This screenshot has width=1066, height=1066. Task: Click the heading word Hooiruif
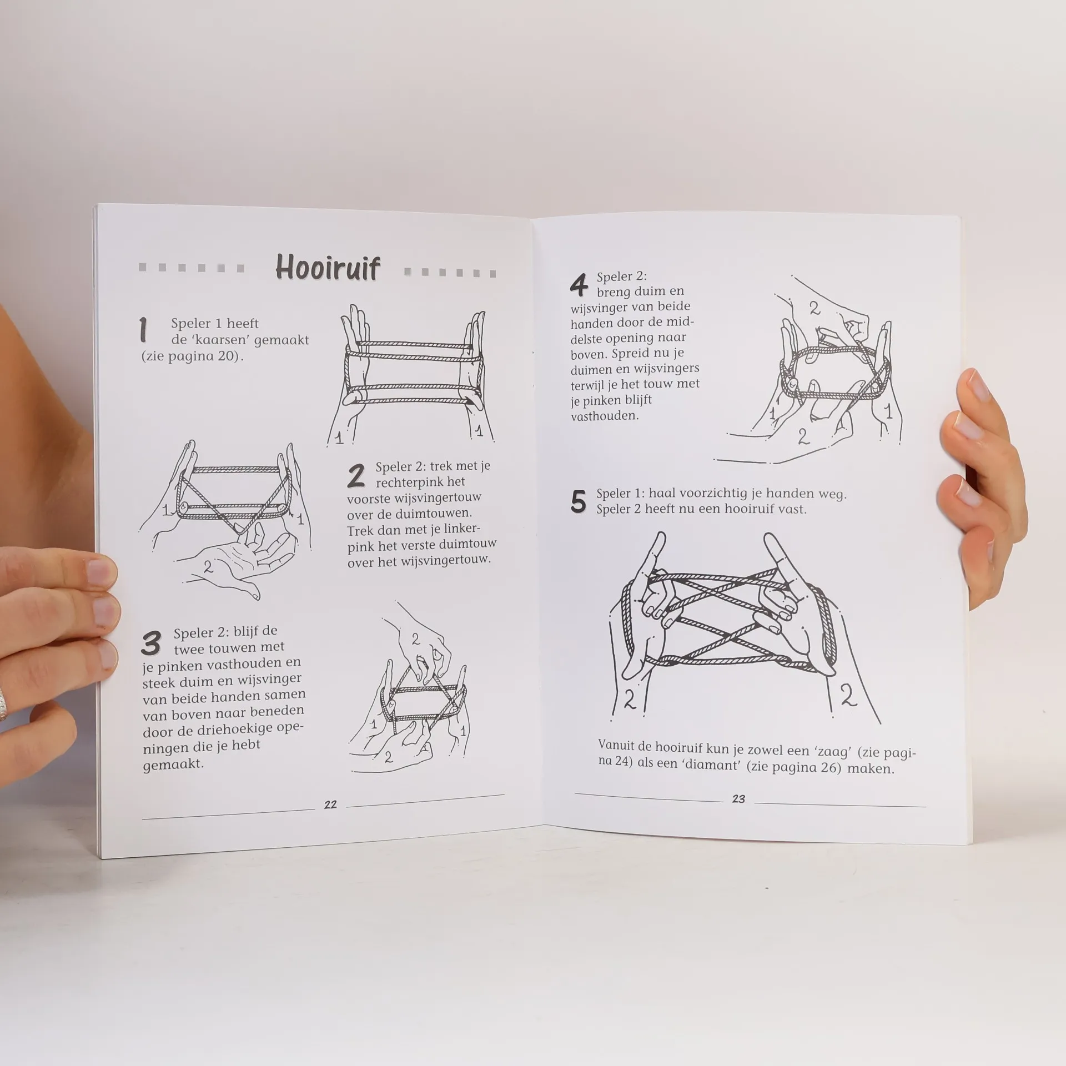coord(328,268)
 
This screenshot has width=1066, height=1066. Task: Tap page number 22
coord(330,804)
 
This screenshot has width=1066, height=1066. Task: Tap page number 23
coord(738,799)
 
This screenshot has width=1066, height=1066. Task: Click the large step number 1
coord(144,330)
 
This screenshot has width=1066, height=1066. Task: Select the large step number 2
coord(356,476)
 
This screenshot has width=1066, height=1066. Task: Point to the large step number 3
coord(150,643)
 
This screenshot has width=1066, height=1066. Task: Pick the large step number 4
coord(579,285)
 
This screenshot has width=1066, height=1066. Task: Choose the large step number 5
coord(578,502)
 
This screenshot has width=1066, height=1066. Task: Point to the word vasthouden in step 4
coord(604,415)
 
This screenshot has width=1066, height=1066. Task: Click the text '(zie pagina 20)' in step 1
coord(192,356)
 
